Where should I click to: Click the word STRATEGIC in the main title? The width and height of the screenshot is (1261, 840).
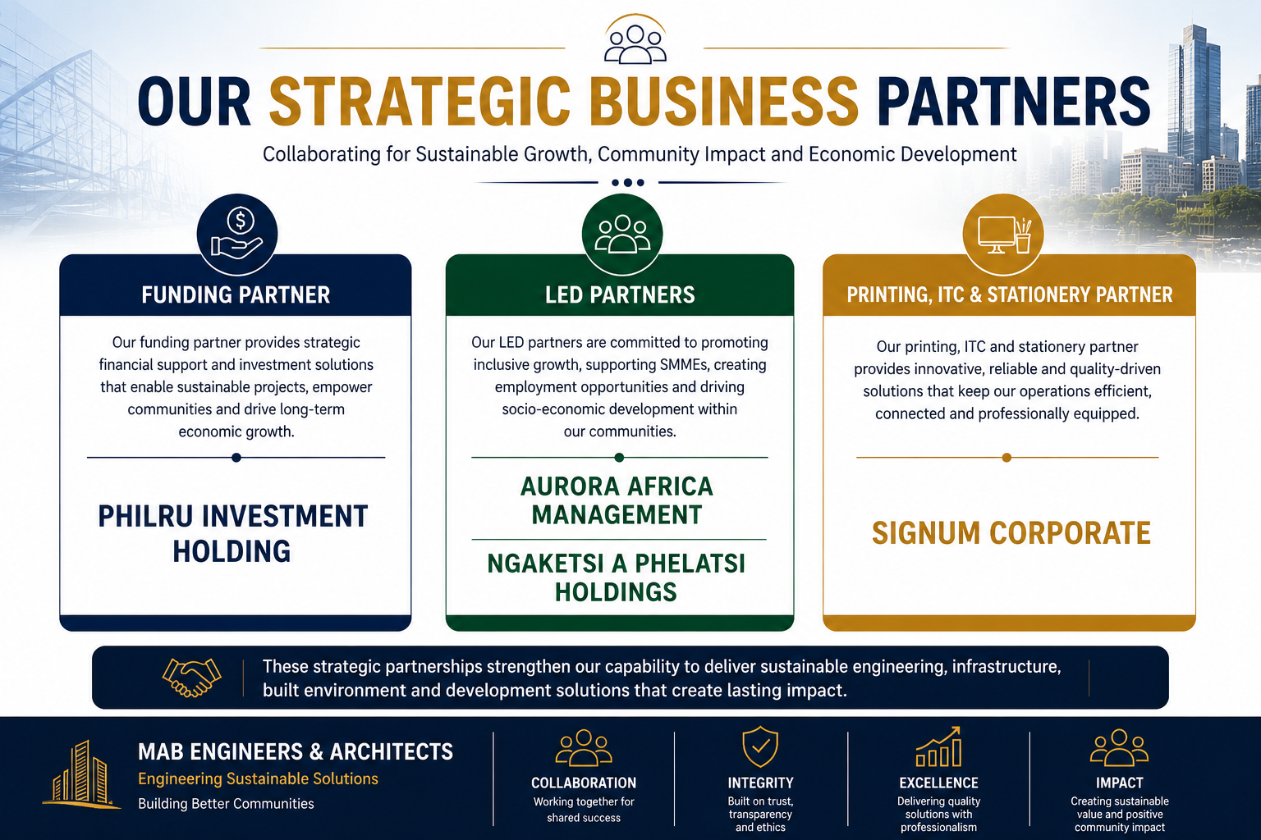coord(420,101)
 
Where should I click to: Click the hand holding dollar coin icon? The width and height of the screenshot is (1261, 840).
coord(237,234)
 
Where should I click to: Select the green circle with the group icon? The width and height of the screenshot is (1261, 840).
coord(622,234)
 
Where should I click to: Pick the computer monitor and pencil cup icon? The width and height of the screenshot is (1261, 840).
coord(1003,234)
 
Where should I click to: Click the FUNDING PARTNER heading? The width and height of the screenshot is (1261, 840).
coord(236,294)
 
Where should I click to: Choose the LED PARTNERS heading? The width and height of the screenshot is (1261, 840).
coord(620,294)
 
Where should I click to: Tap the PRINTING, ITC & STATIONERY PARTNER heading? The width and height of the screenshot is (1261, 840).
coord(1009,294)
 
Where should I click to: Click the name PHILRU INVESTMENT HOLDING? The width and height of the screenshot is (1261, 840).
coord(232,533)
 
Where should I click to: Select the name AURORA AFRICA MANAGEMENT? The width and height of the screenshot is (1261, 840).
coord(617,500)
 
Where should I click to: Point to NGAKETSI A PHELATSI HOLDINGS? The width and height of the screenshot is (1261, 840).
coord(617,577)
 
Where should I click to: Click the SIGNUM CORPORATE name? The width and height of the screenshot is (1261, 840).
coord(1011,533)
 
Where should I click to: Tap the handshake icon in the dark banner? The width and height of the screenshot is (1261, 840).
coord(191,678)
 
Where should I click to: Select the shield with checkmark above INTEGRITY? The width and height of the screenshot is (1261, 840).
coord(760,746)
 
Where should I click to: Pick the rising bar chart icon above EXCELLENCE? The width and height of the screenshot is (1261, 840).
coord(938,746)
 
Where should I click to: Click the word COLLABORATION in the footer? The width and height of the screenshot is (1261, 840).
coord(584,783)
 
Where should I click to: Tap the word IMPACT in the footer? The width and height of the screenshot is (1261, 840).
coord(1119,783)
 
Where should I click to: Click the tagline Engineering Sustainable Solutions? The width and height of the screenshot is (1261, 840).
coord(259,778)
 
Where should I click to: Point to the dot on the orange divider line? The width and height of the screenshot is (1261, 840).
coord(1007,458)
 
